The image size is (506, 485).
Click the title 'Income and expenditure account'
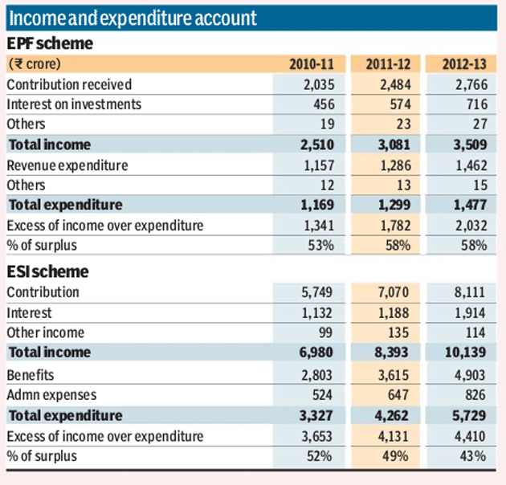pyautogui.click(x=133, y=18)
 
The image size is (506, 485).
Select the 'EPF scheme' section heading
pyautogui.click(x=50, y=43)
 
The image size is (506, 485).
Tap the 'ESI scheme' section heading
pyautogui.click(x=47, y=271)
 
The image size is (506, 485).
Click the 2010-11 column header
pyautogui.click(x=312, y=64)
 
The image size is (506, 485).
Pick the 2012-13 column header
pyautogui.click(x=464, y=64)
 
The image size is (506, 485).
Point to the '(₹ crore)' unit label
pyautogui.click(x=35, y=64)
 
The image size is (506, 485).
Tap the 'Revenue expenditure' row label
pyautogui.click(x=67, y=165)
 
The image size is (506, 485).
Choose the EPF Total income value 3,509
pyautogui.click(x=470, y=145)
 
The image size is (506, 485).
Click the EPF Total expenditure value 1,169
pyautogui.click(x=317, y=205)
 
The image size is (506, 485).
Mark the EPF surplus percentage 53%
pyautogui.click(x=321, y=245)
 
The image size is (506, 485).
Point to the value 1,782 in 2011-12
pyautogui.click(x=396, y=226)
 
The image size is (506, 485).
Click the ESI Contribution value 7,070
pyautogui.click(x=394, y=292)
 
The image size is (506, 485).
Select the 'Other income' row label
pyautogui.click(x=46, y=332)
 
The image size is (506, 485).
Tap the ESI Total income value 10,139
pyautogui.click(x=465, y=352)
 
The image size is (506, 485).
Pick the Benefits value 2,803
pyautogui.click(x=316, y=375)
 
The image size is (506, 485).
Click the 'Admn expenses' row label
pyautogui.click(x=51, y=395)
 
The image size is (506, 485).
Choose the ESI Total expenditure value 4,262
pyautogui.click(x=391, y=416)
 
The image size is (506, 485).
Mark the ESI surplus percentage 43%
pyautogui.click(x=473, y=456)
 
